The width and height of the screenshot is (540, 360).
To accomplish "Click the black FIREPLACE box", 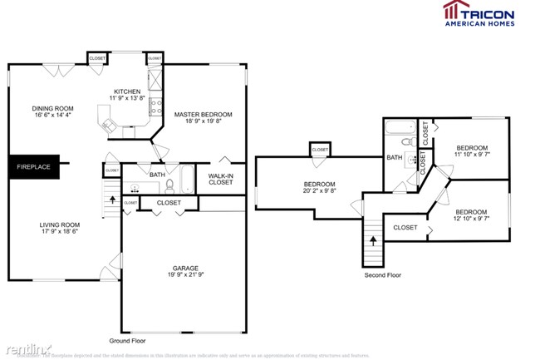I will click(x=34, y=167).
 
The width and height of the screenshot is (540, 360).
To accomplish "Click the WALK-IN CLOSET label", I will click(x=220, y=179).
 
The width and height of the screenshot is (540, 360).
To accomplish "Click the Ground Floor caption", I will click(x=129, y=341).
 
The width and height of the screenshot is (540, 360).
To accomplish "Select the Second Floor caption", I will click(x=383, y=274).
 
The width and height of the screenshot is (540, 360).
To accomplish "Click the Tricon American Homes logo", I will click(x=479, y=13).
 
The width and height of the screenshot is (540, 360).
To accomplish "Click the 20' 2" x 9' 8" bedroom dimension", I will click(x=319, y=191).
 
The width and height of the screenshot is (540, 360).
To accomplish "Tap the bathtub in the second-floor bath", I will click(x=400, y=129).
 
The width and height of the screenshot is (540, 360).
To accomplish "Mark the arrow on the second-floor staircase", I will click(x=373, y=240).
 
